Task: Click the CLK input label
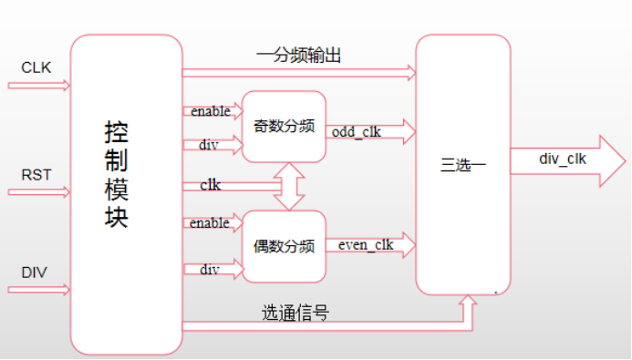pos(36,67)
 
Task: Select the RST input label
pos(36,175)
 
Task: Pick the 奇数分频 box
pos(283,127)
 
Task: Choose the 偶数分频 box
pos(283,245)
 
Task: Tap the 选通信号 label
pos(295,314)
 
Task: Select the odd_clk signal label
pos(357,131)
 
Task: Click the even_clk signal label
pos(365,244)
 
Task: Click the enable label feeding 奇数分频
pos(211,111)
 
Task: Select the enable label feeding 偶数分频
pos(211,223)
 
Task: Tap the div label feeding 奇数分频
pos(209,145)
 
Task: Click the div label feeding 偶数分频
pos(210,269)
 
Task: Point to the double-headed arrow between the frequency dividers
pos(288,186)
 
